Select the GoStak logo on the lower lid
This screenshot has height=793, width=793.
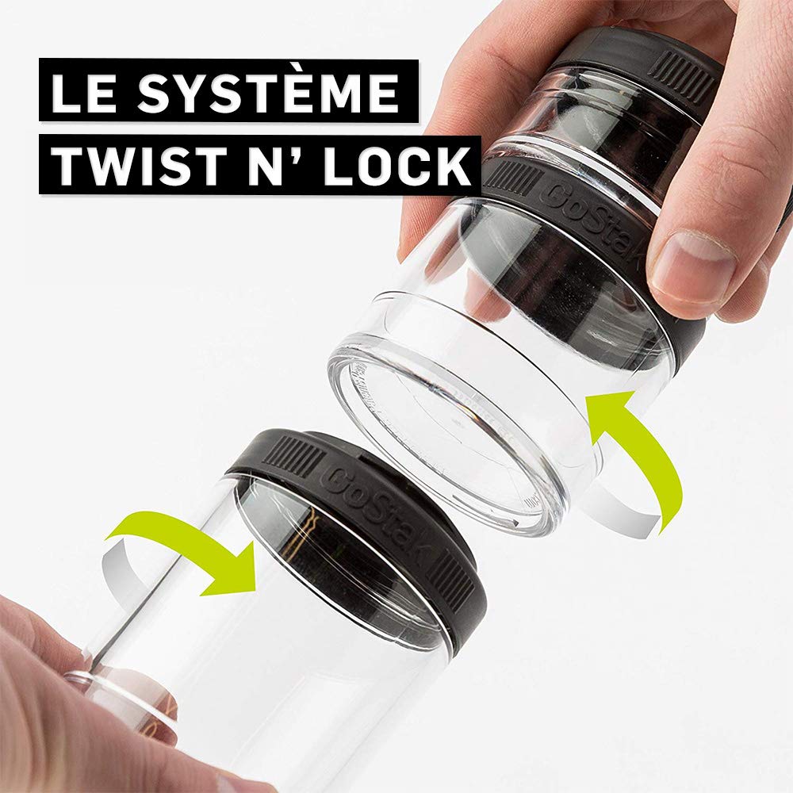374,511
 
